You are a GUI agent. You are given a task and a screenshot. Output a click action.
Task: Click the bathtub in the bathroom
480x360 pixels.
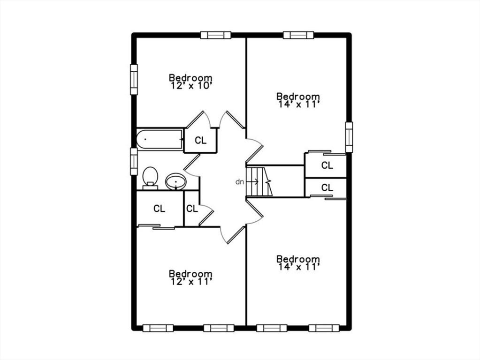[x=160, y=139]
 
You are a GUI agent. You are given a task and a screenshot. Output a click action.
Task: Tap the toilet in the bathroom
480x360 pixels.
[x=150, y=177]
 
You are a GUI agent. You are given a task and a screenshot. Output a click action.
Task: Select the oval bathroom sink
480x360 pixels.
[x=176, y=181]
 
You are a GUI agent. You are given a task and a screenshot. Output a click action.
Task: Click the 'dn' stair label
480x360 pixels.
[x=239, y=181]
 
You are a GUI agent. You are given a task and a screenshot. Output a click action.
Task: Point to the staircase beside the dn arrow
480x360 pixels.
[x=260, y=181]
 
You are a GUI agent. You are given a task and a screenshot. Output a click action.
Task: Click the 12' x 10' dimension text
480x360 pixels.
[x=190, y=86]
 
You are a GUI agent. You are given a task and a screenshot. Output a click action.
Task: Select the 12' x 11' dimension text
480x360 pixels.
[x=190, y=282]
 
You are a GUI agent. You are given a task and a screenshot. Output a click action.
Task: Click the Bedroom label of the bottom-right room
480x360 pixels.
[x=298, y=259]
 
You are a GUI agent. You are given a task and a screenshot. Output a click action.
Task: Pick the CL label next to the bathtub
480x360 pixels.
[x=200, y=140]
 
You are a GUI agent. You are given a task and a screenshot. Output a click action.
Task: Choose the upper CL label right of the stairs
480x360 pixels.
[x=327, y=165]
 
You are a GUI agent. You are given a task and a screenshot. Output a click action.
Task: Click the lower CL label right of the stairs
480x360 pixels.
[x=327, y=188]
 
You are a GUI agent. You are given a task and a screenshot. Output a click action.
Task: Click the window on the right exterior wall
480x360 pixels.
[x=349, y=137]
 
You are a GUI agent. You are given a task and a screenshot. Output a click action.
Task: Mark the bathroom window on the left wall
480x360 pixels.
[x=134, y=161]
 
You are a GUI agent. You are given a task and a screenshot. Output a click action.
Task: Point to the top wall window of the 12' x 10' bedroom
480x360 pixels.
[x=216, y=35]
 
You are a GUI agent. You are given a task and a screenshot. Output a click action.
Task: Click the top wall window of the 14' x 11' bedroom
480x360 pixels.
[x=298, y=35]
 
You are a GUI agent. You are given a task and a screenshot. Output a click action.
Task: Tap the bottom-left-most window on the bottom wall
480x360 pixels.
[x=158, y=328]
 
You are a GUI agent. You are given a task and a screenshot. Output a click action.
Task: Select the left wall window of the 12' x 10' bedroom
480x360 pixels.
[x=134, y=79]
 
